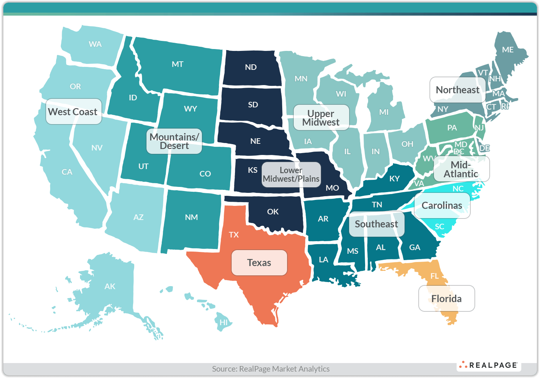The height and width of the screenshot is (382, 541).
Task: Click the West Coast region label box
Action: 73,111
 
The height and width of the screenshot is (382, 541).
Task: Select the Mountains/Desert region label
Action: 174,141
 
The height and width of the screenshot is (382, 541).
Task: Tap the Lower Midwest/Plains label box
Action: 291,175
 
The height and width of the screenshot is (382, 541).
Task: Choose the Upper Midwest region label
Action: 321,118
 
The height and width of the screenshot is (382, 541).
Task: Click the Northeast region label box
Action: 457,90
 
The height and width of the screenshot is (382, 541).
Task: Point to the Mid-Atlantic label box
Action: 461,169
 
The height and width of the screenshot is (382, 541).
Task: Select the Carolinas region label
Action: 442,205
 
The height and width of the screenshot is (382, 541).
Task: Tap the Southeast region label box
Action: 376,224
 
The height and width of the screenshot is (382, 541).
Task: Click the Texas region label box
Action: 259,263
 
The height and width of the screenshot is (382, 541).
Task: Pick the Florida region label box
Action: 446,299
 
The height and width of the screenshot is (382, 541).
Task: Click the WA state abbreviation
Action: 95,44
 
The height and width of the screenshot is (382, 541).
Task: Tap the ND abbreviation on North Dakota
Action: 251,67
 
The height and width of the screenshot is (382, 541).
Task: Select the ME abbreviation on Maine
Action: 508,50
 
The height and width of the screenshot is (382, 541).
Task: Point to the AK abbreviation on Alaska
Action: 110,286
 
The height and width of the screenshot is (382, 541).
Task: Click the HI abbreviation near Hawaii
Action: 223,323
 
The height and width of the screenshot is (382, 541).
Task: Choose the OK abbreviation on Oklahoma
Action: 273,212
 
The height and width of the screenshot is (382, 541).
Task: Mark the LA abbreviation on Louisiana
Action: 323,260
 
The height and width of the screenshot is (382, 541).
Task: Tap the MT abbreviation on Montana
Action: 177,64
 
